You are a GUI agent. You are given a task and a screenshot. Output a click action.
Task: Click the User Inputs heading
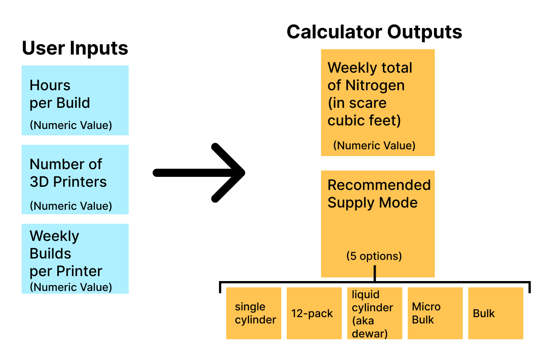coord(75,48)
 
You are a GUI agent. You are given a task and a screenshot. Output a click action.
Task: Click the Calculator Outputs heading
coord(374,32)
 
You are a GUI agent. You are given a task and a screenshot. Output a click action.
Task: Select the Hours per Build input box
coord(75,100)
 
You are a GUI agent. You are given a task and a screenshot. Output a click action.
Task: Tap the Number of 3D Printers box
coord(75,179)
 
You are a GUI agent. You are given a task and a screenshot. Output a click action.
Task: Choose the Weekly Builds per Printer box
coord(75,258)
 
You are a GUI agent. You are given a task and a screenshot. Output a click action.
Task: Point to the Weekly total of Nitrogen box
coord(377,102)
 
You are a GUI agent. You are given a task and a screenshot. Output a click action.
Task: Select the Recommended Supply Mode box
coord(377,223)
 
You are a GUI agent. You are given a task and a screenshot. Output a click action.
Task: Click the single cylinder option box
coord(254,313)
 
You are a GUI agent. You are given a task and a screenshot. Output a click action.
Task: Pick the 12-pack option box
coord(314,313)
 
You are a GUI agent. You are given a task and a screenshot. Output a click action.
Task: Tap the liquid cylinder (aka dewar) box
coord(374,313)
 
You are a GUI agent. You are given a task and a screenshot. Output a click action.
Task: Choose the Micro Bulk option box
coord(435,313)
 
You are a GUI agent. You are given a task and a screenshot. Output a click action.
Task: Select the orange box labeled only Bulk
coord(495,313)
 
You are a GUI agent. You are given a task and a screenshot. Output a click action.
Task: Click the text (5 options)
coord(374,256)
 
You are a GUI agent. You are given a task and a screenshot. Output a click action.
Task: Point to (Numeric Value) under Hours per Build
coord(70,125)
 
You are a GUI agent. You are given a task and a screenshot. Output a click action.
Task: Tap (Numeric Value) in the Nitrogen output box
coord(374,146)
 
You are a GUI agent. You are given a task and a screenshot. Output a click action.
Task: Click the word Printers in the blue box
coord(80,182)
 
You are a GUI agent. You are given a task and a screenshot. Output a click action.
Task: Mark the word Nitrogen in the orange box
coord(375,85)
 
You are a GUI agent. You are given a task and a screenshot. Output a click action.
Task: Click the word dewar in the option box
coord(367,333)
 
